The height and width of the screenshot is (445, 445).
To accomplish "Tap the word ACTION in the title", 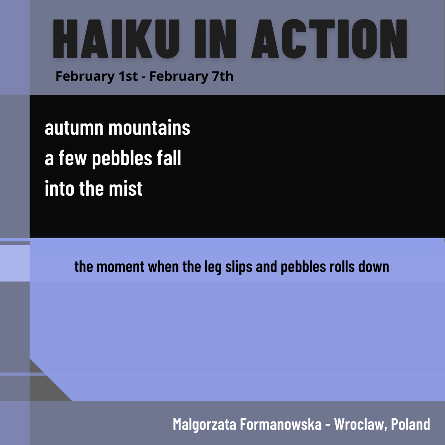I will pyautogui.click(x=329, y=40).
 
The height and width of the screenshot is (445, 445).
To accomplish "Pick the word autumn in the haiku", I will pyautogui.click(x=74, y=128).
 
